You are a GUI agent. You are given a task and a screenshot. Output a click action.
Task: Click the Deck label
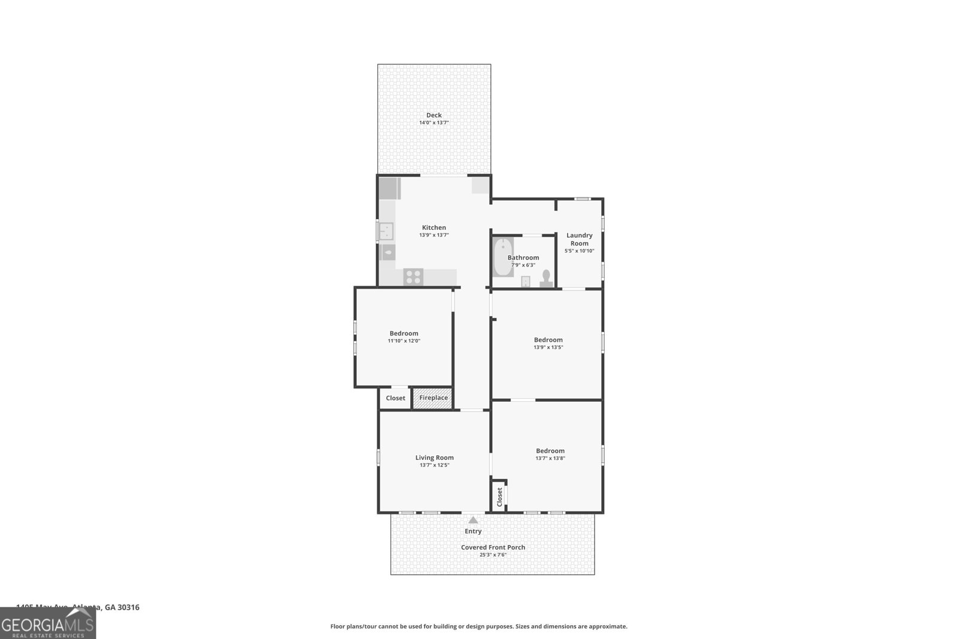click(434, 115)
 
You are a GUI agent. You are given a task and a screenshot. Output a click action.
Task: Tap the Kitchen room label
click(434, 228)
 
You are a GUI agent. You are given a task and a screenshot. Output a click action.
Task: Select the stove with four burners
click(413, 277)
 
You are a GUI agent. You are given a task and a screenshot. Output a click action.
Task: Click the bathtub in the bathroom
click(503, 257)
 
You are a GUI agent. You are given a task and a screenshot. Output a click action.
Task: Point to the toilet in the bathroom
click(546, 278)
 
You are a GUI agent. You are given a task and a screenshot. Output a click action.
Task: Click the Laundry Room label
click(579, 239)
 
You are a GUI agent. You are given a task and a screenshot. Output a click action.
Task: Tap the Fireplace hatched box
click(433, 398)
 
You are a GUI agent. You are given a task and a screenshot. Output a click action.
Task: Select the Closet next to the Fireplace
click(395, 398)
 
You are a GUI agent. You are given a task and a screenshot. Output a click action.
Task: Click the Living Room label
click(434, 458)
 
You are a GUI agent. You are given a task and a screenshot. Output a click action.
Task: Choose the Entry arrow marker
click(473, 520)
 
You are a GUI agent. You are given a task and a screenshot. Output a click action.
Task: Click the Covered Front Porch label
click(493, 547)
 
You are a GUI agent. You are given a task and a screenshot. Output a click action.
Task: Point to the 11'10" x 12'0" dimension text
click(404, 341)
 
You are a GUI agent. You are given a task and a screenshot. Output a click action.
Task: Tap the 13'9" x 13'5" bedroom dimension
click(548, 347)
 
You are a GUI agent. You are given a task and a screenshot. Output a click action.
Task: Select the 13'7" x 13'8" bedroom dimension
click(550, 458)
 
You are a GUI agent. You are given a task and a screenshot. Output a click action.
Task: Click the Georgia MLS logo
click(48, 623)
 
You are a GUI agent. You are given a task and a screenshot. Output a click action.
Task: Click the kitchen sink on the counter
click(386, 231)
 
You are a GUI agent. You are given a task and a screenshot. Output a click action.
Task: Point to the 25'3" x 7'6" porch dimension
click(493, 555)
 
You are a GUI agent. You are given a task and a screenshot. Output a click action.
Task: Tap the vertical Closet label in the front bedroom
click(499, 496)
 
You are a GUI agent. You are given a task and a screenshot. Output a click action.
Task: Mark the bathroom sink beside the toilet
click(526, 281)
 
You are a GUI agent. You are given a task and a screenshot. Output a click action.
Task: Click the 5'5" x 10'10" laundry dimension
click(579, 251)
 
